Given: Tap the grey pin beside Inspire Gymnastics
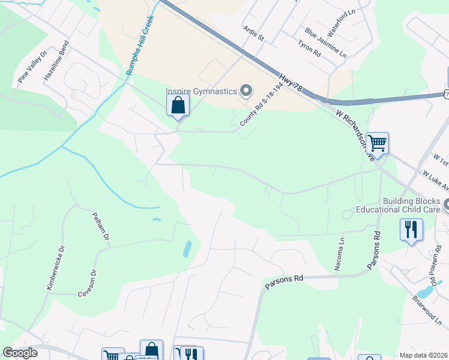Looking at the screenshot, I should coord(246,91).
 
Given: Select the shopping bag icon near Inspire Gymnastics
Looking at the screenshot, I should coord(178,106).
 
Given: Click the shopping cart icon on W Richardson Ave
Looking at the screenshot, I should coord(378,143).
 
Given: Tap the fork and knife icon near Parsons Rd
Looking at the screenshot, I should coord(411,230).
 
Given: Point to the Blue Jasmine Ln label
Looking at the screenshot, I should coord(325,42).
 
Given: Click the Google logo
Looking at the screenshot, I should coord(20,353).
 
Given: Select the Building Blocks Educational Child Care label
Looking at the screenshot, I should coord(399,205).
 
